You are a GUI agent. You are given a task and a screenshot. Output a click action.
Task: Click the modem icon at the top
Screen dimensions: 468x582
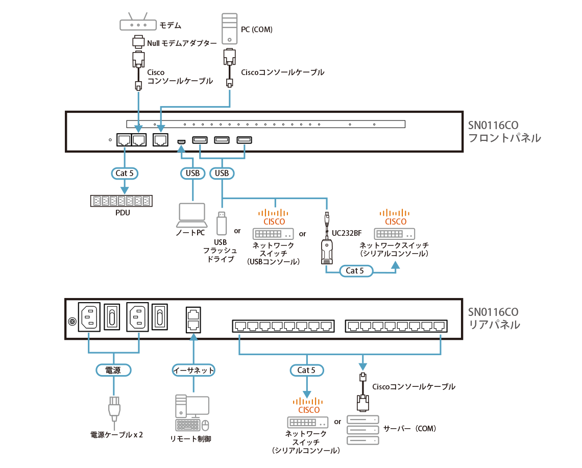pyautogui.click(x=137, y=24)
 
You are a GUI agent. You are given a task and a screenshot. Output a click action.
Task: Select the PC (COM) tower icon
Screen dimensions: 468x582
pyautogui.click(x=229, y=28)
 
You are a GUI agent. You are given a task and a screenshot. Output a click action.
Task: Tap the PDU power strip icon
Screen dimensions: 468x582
pyautogui.click(x=122, y=201)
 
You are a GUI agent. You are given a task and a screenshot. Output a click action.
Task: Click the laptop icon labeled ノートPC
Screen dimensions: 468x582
pyautogui.click(x=192, y=215)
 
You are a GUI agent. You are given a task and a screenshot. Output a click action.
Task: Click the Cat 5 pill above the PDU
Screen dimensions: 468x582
pyautogui.click(x=125, y=173)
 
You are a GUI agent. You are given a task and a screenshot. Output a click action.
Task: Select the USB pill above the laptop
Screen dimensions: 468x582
pyautogui.click(x=192, y=173)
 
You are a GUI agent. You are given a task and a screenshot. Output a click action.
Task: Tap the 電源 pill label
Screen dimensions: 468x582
pyautogui.click(x=113, y=370)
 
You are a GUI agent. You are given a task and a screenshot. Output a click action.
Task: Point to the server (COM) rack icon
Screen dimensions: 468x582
pyautogui.click(x=362, y=430)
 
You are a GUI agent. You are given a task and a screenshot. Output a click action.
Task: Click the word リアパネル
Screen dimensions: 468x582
pyautogui.click(x=494, y=325)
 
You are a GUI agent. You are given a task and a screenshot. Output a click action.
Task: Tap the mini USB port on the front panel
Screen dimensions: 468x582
pyautogui.click(x=181, y=140)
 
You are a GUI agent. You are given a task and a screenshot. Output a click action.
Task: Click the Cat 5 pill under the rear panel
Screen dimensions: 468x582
pyautogui.click(x=307, y=370)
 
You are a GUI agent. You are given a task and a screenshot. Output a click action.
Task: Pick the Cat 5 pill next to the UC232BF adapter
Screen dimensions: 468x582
pyautogui.click(x=355, y=271)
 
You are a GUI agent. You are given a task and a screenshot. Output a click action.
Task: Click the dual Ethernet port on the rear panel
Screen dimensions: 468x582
pyautogui.click(x=193, y=318)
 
